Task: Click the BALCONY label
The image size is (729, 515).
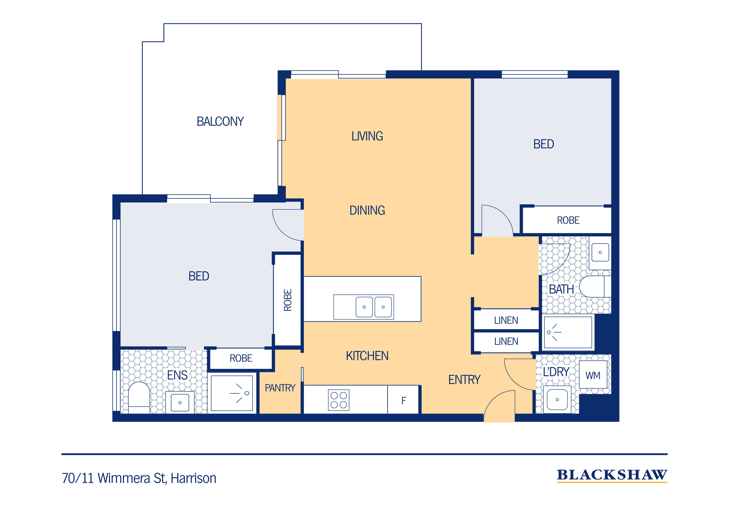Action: (x=220, y=121)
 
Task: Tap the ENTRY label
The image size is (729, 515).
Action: (x=464, y=380)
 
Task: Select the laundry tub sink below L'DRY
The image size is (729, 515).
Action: (x=557, y=400)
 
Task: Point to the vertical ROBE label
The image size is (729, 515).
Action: (x=287, y=300)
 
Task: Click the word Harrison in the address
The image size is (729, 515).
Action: (x=193, y=478)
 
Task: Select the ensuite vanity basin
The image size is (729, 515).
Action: (x=180, y=403)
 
